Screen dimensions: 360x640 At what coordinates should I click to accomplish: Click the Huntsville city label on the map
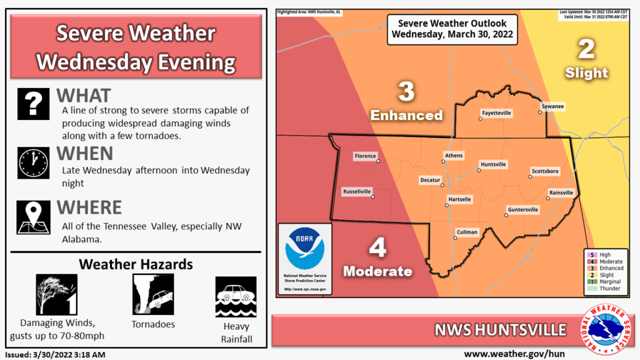(x=493, y=164)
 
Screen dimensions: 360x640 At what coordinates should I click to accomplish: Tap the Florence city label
(x=365, y=156)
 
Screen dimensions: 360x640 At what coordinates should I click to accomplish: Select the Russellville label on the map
(x=357, y=191)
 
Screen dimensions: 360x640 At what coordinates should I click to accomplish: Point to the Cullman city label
(x=467, y=232)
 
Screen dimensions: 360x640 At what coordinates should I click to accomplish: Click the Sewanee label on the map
(x=552, y=107)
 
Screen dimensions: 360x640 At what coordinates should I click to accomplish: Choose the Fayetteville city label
(x=496, y=113)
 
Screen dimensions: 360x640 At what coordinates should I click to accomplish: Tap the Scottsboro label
(x=545, y=171)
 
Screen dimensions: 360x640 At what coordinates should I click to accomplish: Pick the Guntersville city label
(x=523, y=209)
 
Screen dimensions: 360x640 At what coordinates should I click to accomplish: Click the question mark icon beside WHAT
(x=33, y=104)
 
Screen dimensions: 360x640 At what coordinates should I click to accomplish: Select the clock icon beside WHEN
(x=33, y=162)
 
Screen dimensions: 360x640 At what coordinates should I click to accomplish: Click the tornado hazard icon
(x=152, y=294)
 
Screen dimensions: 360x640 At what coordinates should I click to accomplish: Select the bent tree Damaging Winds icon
(x=56, y=294)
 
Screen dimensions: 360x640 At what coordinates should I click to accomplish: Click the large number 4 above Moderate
(x=377, y=248)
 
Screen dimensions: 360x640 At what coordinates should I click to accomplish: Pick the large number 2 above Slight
(x=586, y=49)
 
